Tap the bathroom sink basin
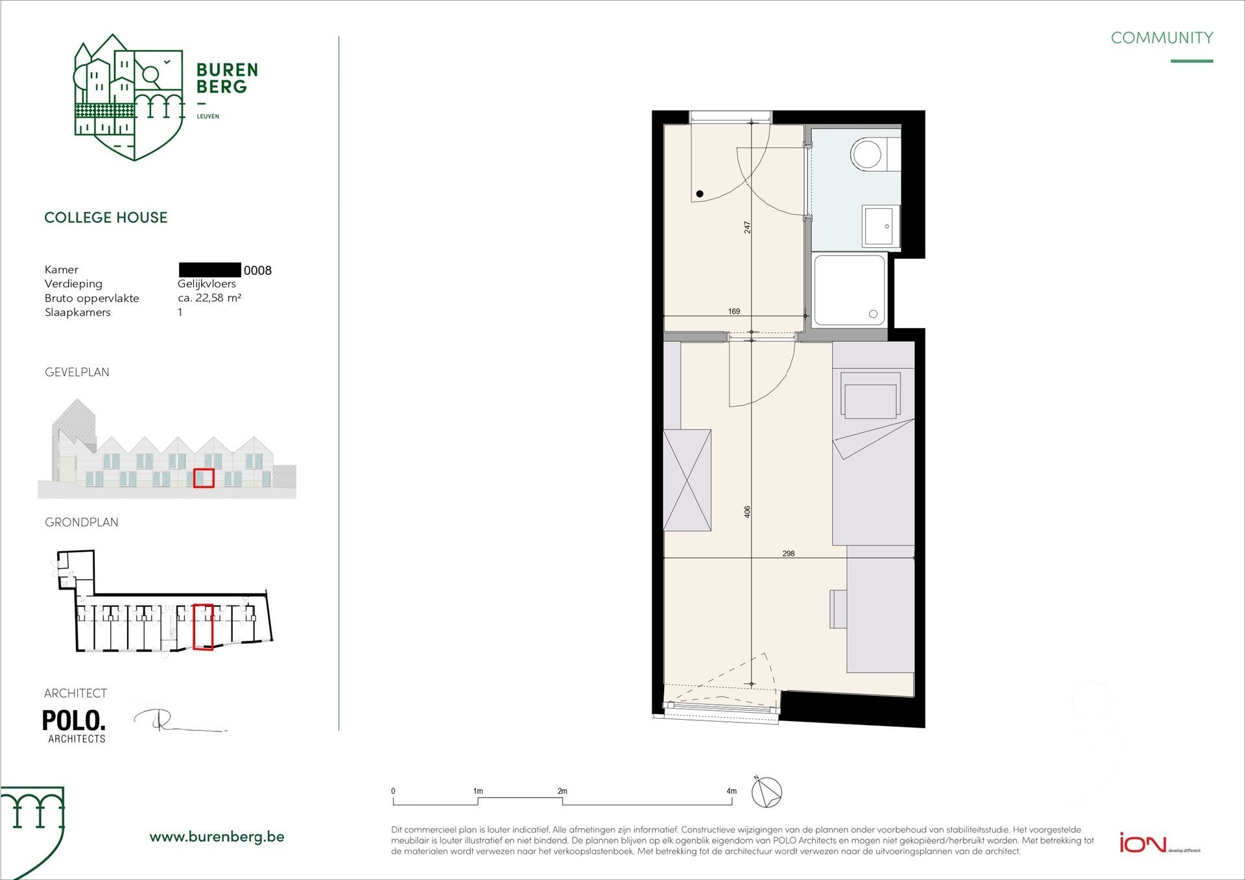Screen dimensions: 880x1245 881,226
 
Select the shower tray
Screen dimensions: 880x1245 849,290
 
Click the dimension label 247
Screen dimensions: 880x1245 747,228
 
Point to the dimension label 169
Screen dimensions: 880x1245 734,311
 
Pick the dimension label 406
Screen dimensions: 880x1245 747,512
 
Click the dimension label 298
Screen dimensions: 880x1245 788,553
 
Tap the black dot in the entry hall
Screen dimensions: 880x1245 700,194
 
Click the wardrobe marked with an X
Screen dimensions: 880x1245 687,480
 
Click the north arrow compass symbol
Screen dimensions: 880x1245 766,792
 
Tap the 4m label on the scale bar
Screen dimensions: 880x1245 731,791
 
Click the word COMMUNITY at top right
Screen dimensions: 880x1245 1161,38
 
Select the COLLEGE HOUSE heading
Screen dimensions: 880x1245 106,217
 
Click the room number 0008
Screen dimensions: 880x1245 257,270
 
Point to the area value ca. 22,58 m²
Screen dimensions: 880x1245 209,298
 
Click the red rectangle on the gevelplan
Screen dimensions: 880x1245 204,478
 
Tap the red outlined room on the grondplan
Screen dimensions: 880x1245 203,626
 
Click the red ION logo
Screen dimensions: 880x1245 1143,843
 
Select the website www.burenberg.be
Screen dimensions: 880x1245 217,837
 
